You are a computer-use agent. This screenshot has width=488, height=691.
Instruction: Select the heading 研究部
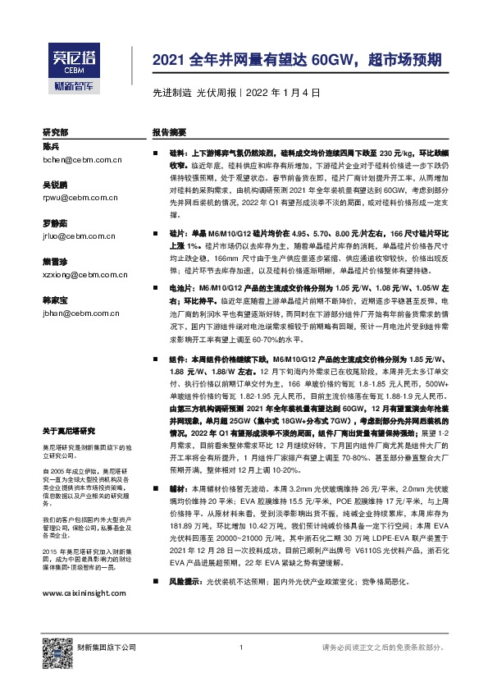tap(56, 131)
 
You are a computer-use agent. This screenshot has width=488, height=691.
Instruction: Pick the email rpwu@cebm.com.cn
tap(79, 197)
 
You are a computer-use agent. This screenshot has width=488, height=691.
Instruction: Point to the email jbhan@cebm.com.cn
tap(80, 313)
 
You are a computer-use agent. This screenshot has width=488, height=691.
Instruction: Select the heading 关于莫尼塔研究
tap(69, 430)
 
